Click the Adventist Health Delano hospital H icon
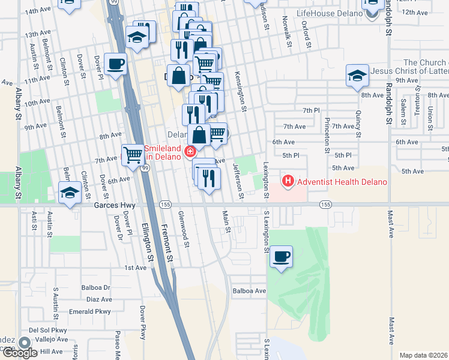coord(288,181)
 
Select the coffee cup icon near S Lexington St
coord(281,257)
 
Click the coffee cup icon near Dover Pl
coord(115,64)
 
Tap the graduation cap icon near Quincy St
coord(357,76)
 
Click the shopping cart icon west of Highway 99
coord(133,155)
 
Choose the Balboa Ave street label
coord(249,291)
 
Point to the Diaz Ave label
coord(99,299)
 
